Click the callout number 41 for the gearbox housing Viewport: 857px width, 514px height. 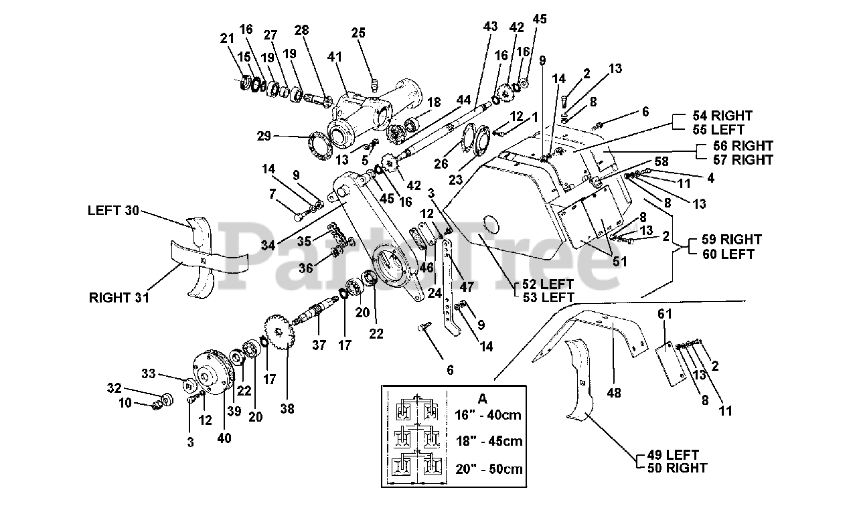click(x=334, y=57)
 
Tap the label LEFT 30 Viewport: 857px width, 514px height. click(x=113, y=210)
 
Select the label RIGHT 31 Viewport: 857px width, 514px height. click(x=119, y=298)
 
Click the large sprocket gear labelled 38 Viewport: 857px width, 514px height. click(x=280, y=331)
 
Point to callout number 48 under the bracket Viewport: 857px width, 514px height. click(x=614, y=393)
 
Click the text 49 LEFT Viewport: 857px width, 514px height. click(x=673, y=455)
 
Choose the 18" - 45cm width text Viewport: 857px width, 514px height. click(x=489, y=441)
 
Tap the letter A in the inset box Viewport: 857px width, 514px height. click(x=483, y=399)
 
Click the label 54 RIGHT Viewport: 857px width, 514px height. click(x=722, y=116)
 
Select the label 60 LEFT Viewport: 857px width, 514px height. click(x=728, y=254)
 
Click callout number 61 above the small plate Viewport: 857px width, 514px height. click(x=665, y=314)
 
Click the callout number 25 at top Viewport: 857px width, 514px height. click(x=358, y=33)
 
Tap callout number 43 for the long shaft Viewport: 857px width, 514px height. click(x=490, y=26)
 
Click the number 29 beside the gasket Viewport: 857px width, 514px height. click(x=264, y=136)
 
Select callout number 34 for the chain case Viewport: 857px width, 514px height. click(x=268, y=245)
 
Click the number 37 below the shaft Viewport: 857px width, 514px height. click(x=319, y=345)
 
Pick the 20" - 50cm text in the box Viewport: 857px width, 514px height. click(x=489, y=469)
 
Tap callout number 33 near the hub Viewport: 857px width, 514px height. click(x=149, y=373)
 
